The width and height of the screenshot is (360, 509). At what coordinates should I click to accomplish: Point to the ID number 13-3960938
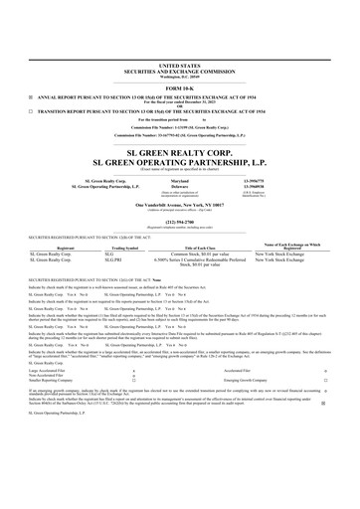[x=283, y=160]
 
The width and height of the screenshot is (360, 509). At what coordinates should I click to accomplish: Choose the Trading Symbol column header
[x=118, y=222]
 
